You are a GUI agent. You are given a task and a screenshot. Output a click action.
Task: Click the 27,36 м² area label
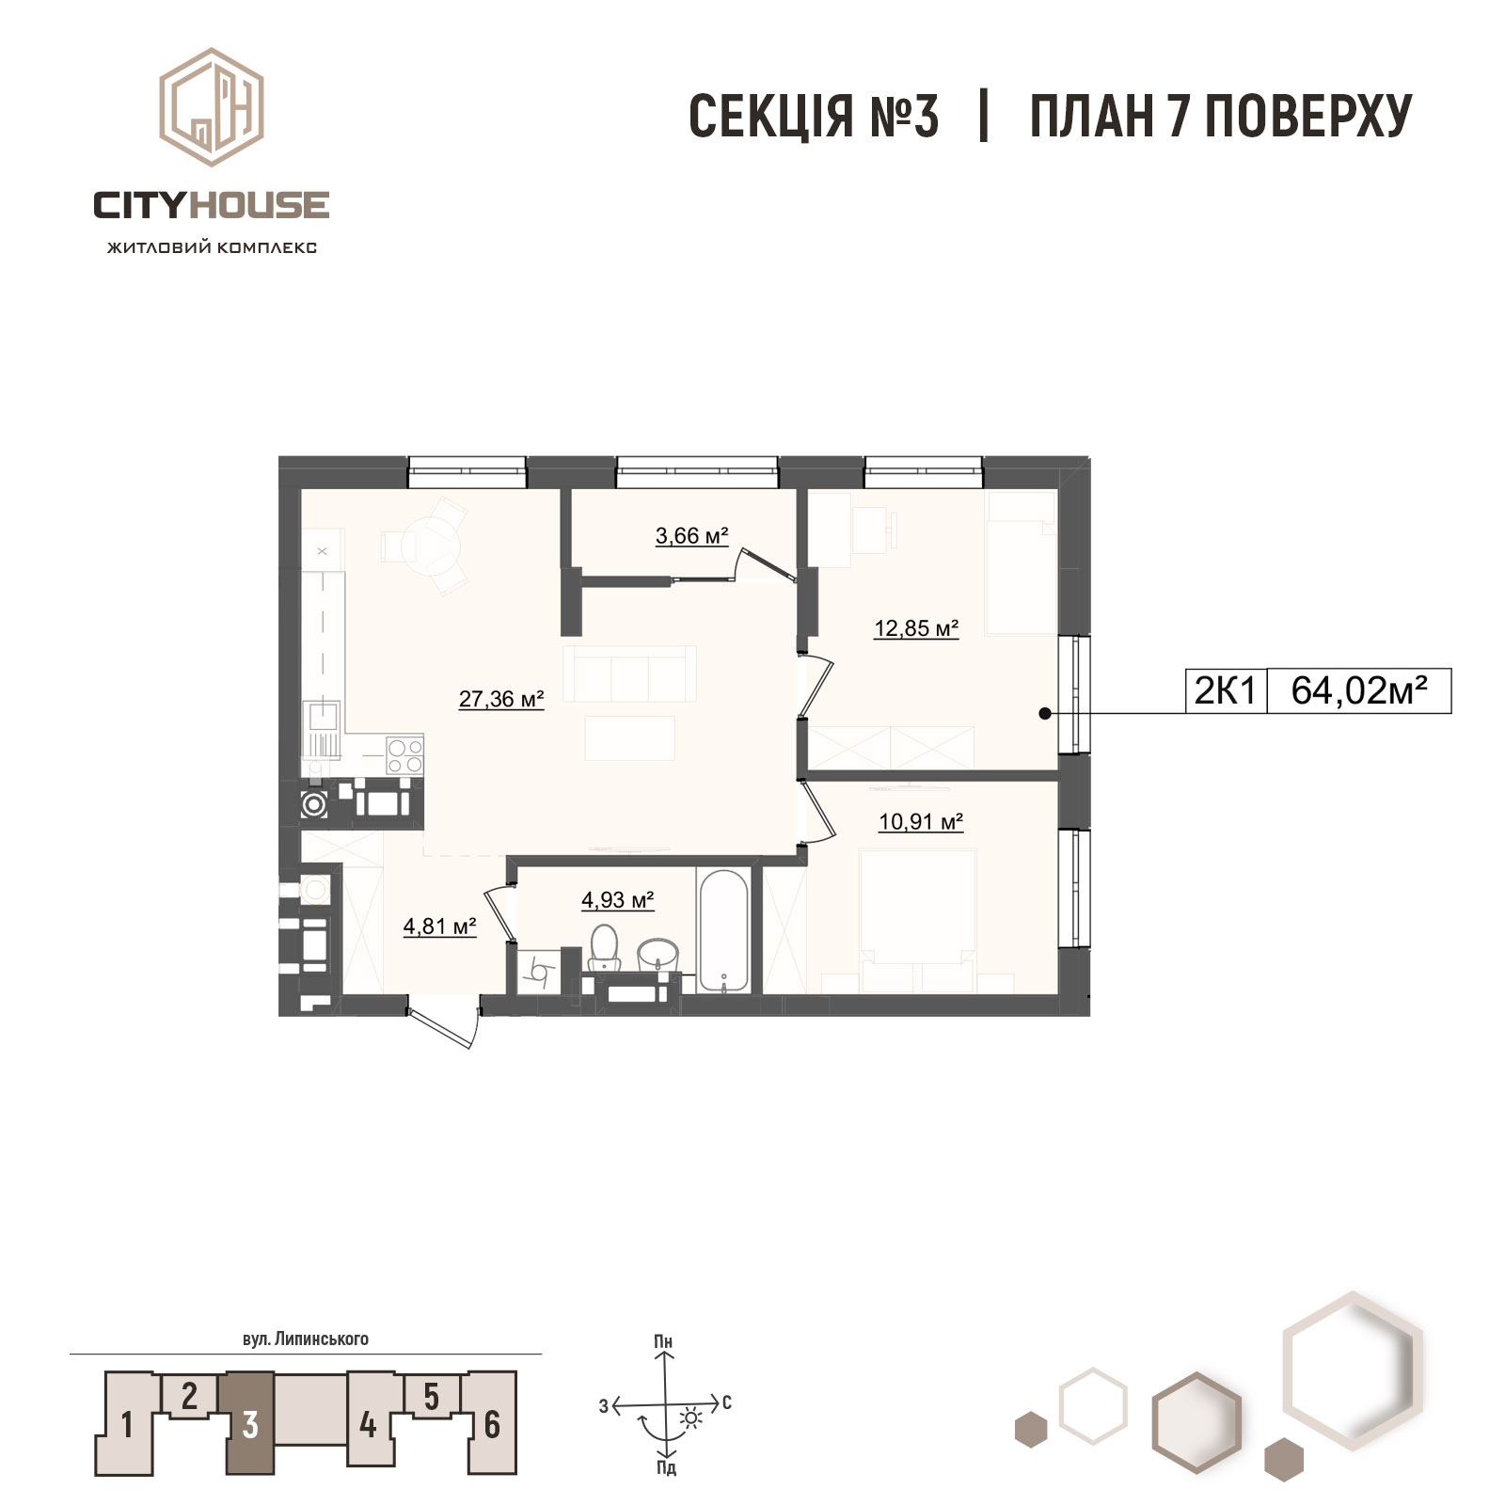501,699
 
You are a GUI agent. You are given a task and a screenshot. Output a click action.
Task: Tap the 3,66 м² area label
692,536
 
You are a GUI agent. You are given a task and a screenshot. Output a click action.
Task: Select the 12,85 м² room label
916,628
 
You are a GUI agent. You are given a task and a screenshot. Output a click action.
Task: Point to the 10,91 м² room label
921,822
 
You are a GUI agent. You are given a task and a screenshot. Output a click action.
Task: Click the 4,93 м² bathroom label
617,900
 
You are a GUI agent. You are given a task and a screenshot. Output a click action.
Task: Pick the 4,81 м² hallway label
439,927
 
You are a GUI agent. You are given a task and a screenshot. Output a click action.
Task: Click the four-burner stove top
405,755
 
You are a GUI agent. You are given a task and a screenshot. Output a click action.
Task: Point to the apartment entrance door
442,1028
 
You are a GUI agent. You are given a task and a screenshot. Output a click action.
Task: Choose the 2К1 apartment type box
1226,691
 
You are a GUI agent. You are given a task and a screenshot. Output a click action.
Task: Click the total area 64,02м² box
1359,691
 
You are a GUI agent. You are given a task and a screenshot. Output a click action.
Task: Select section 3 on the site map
249,1423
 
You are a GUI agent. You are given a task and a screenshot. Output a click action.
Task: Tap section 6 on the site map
492,1423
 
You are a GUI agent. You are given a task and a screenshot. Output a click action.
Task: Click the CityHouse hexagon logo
211,107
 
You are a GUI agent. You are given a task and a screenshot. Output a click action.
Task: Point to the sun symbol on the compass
691,1418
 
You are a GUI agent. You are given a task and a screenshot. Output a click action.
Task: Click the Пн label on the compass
664,1341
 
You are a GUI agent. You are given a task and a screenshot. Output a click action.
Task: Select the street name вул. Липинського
306,1339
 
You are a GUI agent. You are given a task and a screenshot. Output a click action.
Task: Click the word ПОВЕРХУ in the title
1308,117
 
